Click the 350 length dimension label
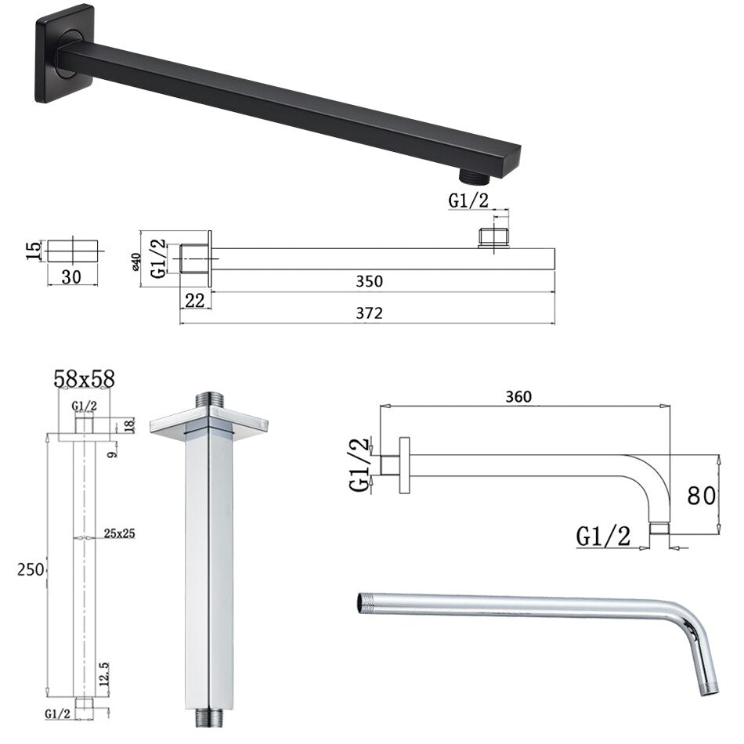[369, 281]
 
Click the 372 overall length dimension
[369, 313]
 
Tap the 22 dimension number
[194, 300]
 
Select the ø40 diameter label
[135, 262]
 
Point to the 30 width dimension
[71, 276]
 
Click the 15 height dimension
[33, 250]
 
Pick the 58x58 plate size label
[84, 378]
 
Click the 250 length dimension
[31, 569]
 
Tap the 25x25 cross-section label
[119, 533]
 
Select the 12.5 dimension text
[104, 674]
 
